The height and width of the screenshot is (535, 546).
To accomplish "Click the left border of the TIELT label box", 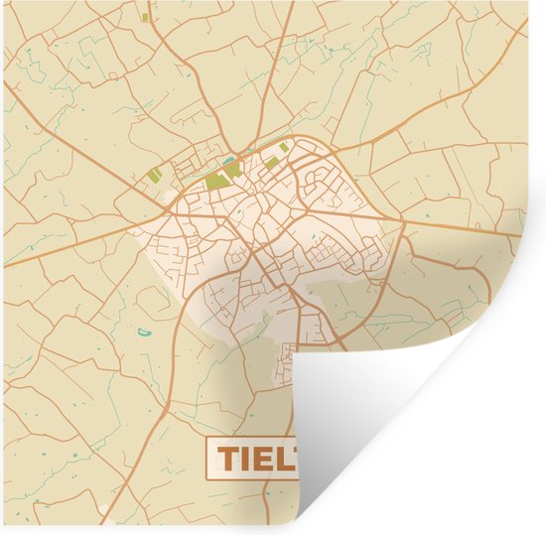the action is pos(206,459).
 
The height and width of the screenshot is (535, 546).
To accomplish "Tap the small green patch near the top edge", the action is pos(146,17).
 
